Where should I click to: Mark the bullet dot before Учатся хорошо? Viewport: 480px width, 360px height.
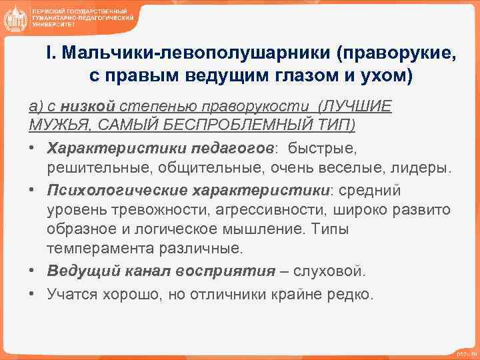pyautogui.click(x=32, y=293)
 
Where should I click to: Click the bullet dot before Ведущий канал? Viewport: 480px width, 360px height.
pyautogui.click(x=32, y=272)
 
